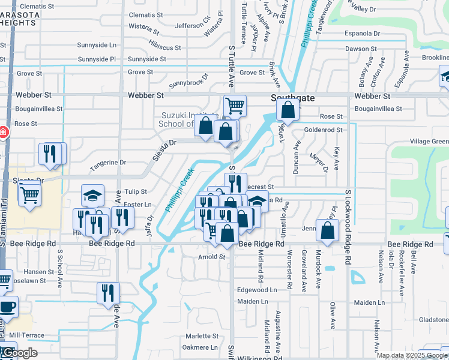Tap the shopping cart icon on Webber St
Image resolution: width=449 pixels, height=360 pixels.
[x=235, y=106]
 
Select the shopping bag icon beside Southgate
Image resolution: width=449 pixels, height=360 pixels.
[x=288, y=110]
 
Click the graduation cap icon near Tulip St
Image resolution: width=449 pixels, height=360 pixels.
[x=93, y=195]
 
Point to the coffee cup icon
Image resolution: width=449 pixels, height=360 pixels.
[x=7, y=307]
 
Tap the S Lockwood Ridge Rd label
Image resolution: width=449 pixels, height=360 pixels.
[x=347, y=226]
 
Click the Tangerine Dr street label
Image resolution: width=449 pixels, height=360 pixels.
[x=108, y=162]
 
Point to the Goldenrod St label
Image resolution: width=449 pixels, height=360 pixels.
[x=323, y=130]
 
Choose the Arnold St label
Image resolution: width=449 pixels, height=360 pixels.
[x=211, y=257]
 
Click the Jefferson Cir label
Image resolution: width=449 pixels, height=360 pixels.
[x=193, y=25]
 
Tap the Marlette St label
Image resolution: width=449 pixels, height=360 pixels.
[x=202, y=336]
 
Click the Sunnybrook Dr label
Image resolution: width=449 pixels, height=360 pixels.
[x=188, y=80]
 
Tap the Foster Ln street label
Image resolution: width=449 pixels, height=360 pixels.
[x=138, y=205]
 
